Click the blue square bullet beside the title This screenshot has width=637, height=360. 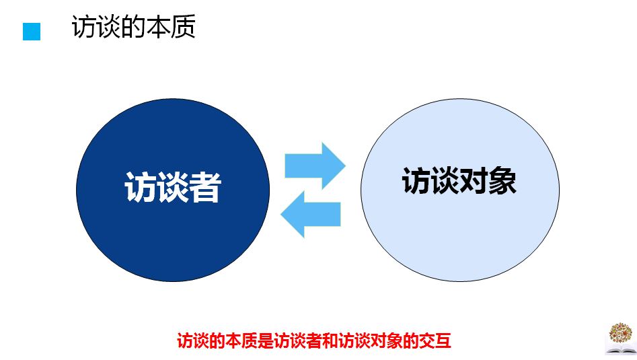[32, 32]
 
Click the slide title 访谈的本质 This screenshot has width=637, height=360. [134, 27]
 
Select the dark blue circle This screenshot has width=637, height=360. [173, 190]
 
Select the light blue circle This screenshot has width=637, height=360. [460, 190]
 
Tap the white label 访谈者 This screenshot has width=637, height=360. [173, 187]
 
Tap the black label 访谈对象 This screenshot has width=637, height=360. [459, 181]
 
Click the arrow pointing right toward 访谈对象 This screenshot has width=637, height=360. [315, 166]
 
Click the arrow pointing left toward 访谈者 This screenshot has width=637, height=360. [311, 214]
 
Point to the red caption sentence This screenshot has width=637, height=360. [314, 340]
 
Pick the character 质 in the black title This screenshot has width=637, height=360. [184, 27]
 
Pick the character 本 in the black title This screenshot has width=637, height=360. [159, 27]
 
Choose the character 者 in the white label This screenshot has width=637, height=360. [206, 187]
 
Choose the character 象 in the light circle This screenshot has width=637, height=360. [502, 181]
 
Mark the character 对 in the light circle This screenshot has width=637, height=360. [474, 181]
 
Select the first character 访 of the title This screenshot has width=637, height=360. [84, 27]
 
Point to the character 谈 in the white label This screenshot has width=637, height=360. [173, 187]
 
